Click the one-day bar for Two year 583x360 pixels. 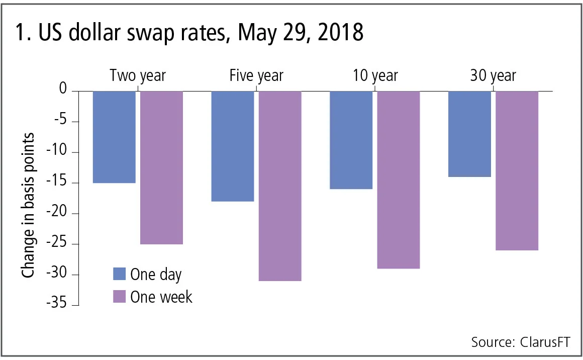(114, 137)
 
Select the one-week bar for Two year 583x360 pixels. (161, 167)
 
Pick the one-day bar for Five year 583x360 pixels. (233, 146)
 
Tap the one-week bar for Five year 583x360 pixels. (280, 186)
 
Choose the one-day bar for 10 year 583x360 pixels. (351, 140)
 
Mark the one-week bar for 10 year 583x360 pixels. (399, 179)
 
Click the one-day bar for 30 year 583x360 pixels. (470, 134)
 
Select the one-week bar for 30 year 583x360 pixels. (517, 170)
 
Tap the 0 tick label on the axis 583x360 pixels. (62, 90)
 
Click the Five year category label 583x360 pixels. (256, 76)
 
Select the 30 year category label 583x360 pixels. (493, 76)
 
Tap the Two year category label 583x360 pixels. (138, 76)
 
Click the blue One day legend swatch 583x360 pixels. (119, 274)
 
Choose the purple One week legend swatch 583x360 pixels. (119, 297)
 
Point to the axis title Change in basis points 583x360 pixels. (29, 205)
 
